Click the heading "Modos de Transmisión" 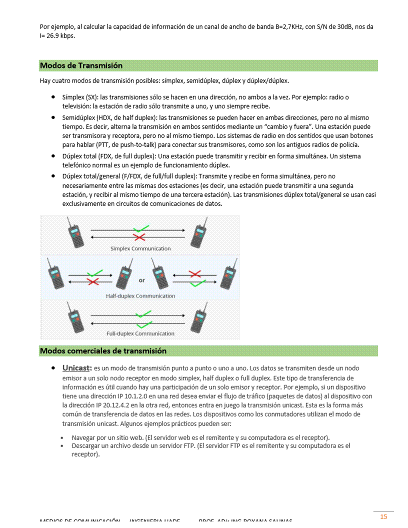click(x=81, y=65)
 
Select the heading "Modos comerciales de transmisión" click(x=103, y=350)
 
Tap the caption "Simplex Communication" click(x=140, y=248)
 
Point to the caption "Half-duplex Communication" click(x=140, y=296)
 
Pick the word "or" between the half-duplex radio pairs click(x=142, y=280)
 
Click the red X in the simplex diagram click(x=139, y=236)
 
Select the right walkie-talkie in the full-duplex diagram click(x=199, y=316)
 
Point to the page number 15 click(x=383, y=516)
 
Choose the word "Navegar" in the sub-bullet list click(x=83, y=437)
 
